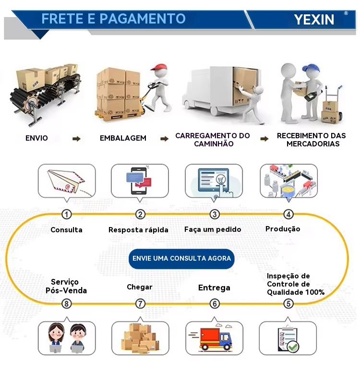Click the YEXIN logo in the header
pyautogui.click(x=314, y=20)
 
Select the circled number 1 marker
pyautogui.click(x=66, y=214)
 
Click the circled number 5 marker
pyautogui.click(x=288, y=303)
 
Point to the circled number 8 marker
pyautogui.click(x=66, y=304)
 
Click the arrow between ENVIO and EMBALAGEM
pyautogui.click(x=76, y=139)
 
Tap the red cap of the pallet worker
pyautogui.click(x=158, y=67)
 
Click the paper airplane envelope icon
pyautogui.click(x=66, y=182)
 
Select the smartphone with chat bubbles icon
pyautogui.click(x=139, y=181)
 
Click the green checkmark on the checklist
pyautogui.click(x=293, y=347)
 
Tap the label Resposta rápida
pyautogui.click(x=138, y=229)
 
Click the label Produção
pyautogui.click(x=283, y=229)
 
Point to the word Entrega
pyautogui.click(x=214, y=288)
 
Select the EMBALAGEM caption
pyautogui.click(x=123, y=138)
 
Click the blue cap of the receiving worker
pyautogui.click(x=310, y=68)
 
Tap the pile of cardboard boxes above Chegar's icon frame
pyautogui.click(x=140, y=338)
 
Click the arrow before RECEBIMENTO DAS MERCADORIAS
pyautogui.click(x=264, y=139)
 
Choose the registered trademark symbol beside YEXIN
pyautogui.click(x=346, y=13)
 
